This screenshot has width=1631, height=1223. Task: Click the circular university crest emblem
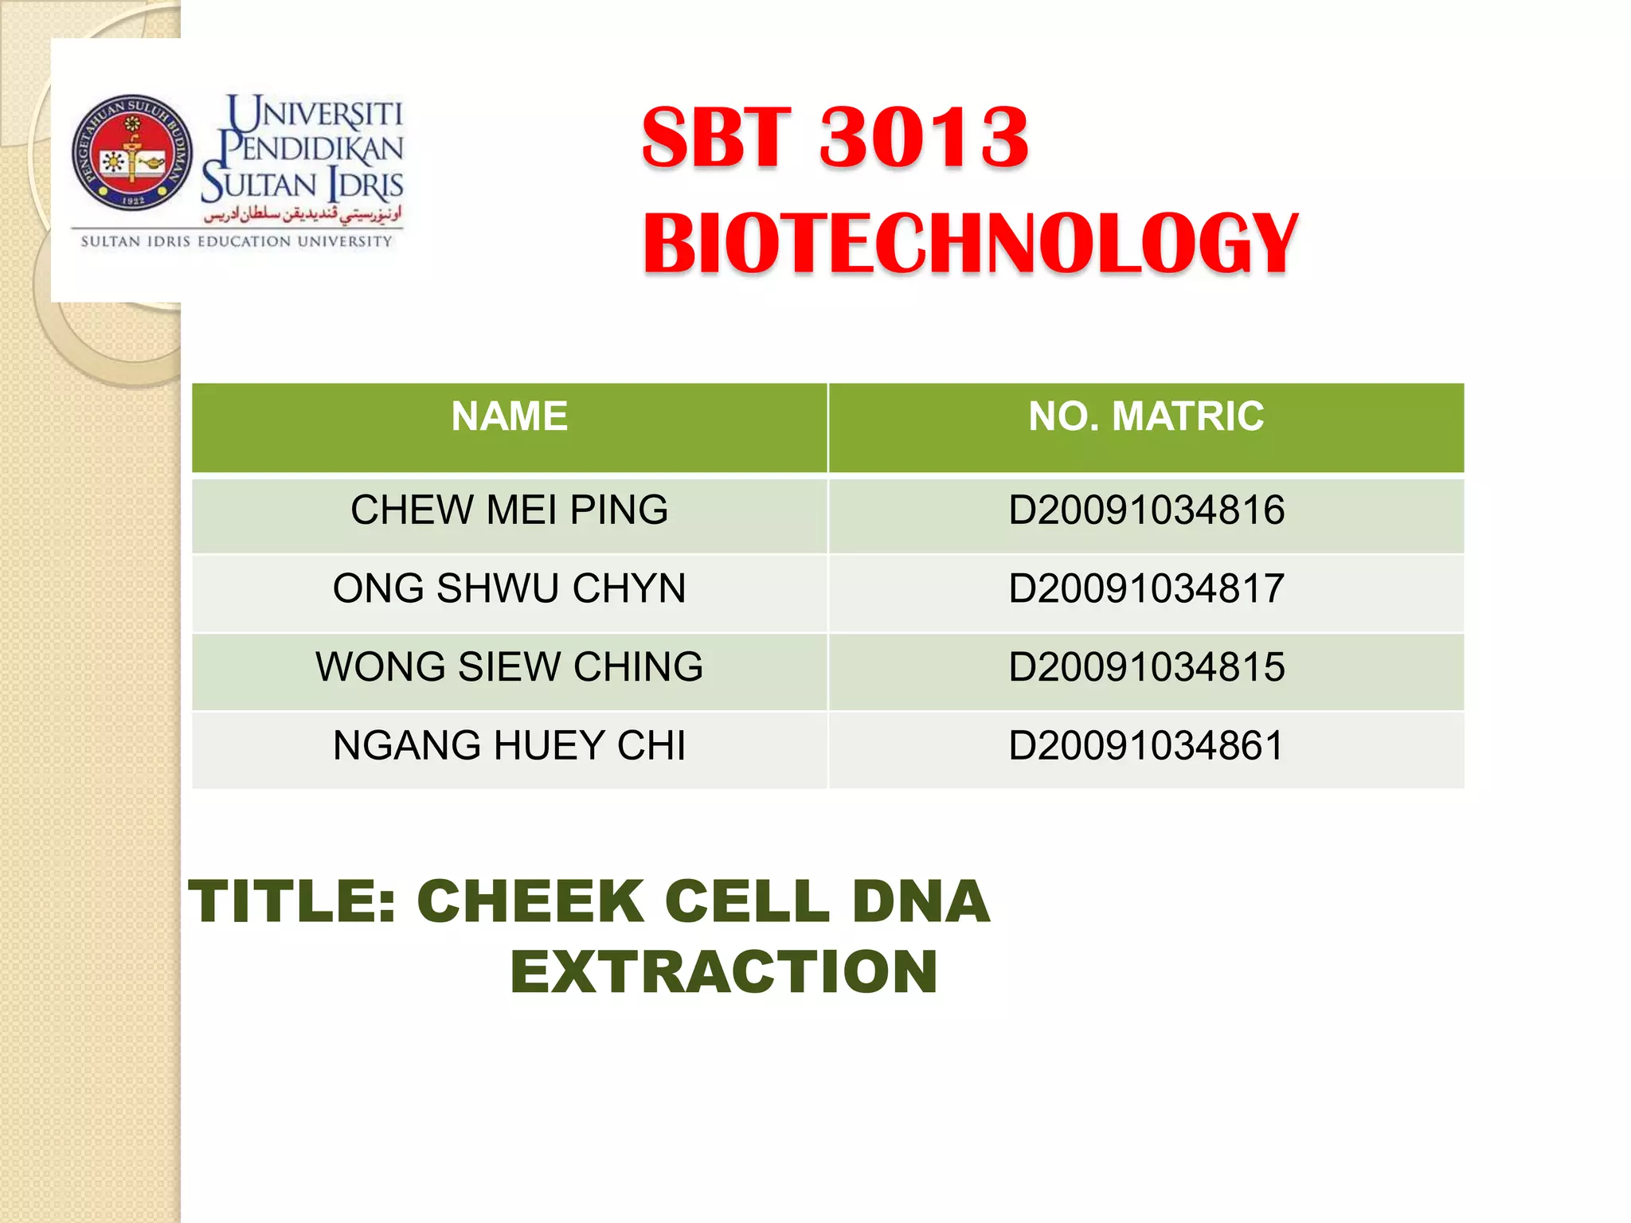(x=132, y=153)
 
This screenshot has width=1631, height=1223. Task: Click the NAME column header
(x=510, y=416)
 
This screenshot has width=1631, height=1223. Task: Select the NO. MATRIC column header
(x=1146, y=416)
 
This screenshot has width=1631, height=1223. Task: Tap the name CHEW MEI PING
(x=510, y=510)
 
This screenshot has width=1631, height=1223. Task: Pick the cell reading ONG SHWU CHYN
(x=510, y=589)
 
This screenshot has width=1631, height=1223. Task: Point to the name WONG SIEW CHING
(x=510, y=667)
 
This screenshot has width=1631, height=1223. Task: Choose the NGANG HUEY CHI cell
(x=510, y=746)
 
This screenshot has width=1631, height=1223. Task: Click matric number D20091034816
(x=1146, y=510)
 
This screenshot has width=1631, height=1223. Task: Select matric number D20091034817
(x=1146, y=589)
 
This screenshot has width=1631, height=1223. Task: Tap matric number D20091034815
(x=1146, y=667)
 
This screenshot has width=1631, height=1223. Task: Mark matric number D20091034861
(x=1146, y=746)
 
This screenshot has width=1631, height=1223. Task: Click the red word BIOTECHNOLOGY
(x=970, y=244)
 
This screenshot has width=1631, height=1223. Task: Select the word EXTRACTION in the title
(x=724, y=972)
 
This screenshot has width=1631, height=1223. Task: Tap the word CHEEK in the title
(x=530, y=901)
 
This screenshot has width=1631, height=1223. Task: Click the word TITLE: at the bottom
(x=292, y=901)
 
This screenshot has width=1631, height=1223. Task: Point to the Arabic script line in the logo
(x=303, y=213)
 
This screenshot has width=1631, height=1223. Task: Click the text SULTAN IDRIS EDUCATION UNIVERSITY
(x=237, y=241)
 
